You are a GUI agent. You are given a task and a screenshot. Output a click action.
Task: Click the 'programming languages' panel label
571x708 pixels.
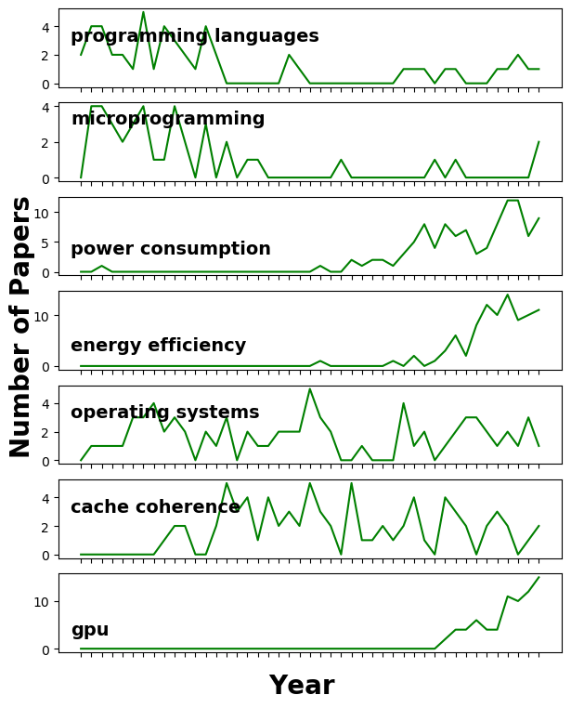tap(195, 36)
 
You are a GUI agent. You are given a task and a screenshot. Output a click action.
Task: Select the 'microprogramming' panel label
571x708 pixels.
tap(168, 119)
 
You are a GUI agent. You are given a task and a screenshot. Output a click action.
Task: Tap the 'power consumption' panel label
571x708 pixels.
tap(171, 249)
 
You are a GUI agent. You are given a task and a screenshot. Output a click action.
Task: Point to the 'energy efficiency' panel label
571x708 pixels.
tap(159, 346)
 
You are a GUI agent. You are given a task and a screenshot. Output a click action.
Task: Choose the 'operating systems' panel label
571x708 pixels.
tap(165, 413)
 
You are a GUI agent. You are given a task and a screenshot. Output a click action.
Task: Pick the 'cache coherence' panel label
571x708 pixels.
tap(156, 507)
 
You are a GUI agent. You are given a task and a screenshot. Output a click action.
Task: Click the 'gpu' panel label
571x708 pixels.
tap(90, 630)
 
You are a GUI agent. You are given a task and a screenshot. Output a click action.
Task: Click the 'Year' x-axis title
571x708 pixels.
tap(302, 686)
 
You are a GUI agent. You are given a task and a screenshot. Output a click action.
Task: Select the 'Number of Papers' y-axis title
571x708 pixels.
tap(21, 326)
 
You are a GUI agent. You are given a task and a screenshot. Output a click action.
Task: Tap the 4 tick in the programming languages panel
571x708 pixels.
tap(45, 27)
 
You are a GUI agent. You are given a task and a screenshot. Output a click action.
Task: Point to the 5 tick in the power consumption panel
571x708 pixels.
tap(45, 243)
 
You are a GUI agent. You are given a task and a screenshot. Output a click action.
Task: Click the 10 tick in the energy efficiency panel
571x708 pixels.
tap(42, 316)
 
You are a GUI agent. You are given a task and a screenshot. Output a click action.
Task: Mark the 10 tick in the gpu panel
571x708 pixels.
tap(42, 602)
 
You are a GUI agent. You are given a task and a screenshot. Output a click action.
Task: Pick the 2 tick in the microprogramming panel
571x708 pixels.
tap(45, 142)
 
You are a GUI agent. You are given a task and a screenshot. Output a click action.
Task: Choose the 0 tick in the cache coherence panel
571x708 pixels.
tap(45, 555)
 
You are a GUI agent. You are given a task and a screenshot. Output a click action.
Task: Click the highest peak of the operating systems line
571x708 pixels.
tap(309, 388)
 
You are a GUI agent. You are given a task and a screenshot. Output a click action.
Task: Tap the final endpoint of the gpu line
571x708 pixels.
tap(539, 577)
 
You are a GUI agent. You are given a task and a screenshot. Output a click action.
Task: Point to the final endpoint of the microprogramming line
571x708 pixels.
tap(539, 142)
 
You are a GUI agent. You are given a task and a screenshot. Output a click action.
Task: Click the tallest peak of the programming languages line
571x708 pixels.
tap(143, 12)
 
